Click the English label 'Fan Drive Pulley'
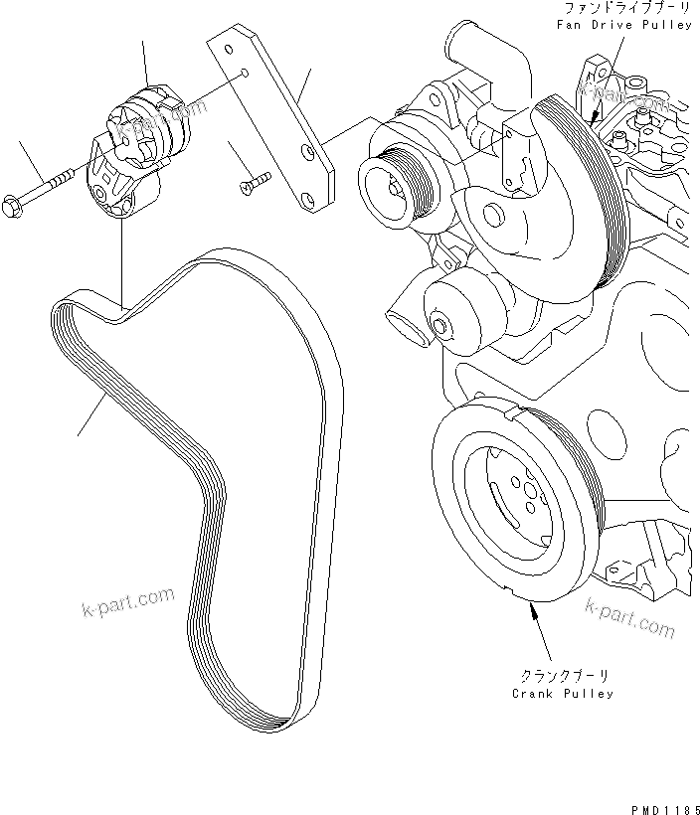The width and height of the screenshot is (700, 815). click(x=623, y=24)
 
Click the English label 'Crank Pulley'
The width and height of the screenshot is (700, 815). click(x=563, y=693)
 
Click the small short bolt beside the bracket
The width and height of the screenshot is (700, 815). click(x=256, y=181)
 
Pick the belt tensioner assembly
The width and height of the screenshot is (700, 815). click(x=139, y=149)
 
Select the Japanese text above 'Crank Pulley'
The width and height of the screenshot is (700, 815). click(x=563, y=673)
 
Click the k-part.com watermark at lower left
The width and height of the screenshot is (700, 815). click(x=127, y=602)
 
